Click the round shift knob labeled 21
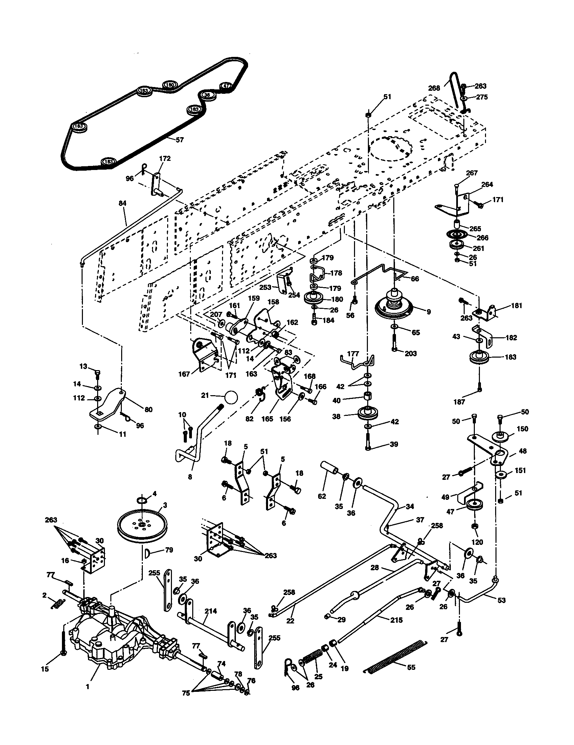(231, 397)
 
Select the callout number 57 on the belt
(179, 140)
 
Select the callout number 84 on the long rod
(123, 203)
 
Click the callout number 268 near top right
(434, 88)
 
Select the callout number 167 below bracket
(184, 374)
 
